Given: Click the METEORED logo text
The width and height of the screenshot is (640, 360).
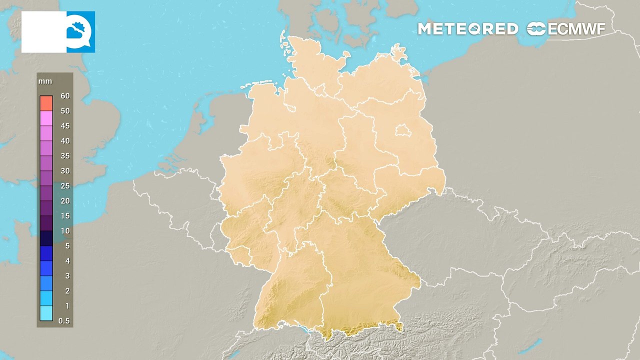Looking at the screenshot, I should tap(467, 29).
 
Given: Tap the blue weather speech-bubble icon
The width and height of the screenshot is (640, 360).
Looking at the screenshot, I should tap(80, 32).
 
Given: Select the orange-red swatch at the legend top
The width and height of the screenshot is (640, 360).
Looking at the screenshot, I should tap(46, 103).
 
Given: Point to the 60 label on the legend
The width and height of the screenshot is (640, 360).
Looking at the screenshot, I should tap(65, 96).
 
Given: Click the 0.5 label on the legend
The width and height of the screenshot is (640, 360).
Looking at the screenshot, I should tap(64, 321).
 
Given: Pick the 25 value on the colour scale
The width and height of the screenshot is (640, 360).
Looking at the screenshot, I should tap(65, 186).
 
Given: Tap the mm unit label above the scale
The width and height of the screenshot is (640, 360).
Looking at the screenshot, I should tap(46, 81).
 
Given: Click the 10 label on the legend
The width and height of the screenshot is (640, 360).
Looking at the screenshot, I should tap(65, 231).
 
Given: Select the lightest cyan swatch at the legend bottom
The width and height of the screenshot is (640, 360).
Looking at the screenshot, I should tap(46, 313).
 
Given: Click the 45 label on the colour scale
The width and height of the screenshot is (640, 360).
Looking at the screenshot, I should tap(65, 126).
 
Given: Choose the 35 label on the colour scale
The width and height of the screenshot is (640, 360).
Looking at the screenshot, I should tap(65, 156).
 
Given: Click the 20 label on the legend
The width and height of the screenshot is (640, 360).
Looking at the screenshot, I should tap(65, 201).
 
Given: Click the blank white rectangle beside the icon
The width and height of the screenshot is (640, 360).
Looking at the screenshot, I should tap(44, 32).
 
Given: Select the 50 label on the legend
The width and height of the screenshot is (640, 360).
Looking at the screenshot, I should tap(65, 111).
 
